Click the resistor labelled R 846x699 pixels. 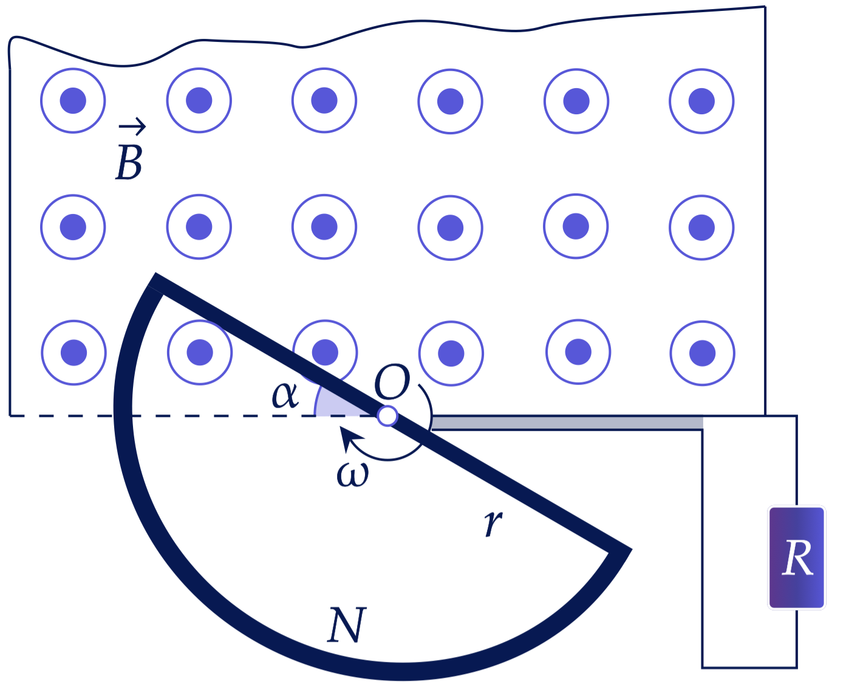(796, 557)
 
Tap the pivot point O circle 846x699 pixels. (387, 416)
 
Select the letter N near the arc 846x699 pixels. (347, 625)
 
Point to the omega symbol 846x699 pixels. (352, 474)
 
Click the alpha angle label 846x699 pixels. (285, 394)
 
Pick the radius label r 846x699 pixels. (493, 523)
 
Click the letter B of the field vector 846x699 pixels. (129, 162)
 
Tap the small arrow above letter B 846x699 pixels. (132, 126)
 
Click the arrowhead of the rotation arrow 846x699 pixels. (350, 438)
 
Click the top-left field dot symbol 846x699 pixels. (73, 100)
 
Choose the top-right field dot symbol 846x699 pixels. (701, 101)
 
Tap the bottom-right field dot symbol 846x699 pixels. (702, 353)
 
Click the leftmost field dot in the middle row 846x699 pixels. (73, 227)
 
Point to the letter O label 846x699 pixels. (392, 382)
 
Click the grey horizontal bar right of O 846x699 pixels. (567, 423)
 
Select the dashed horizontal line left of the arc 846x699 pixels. (61, 416)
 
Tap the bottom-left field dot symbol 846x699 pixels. (73, 353)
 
